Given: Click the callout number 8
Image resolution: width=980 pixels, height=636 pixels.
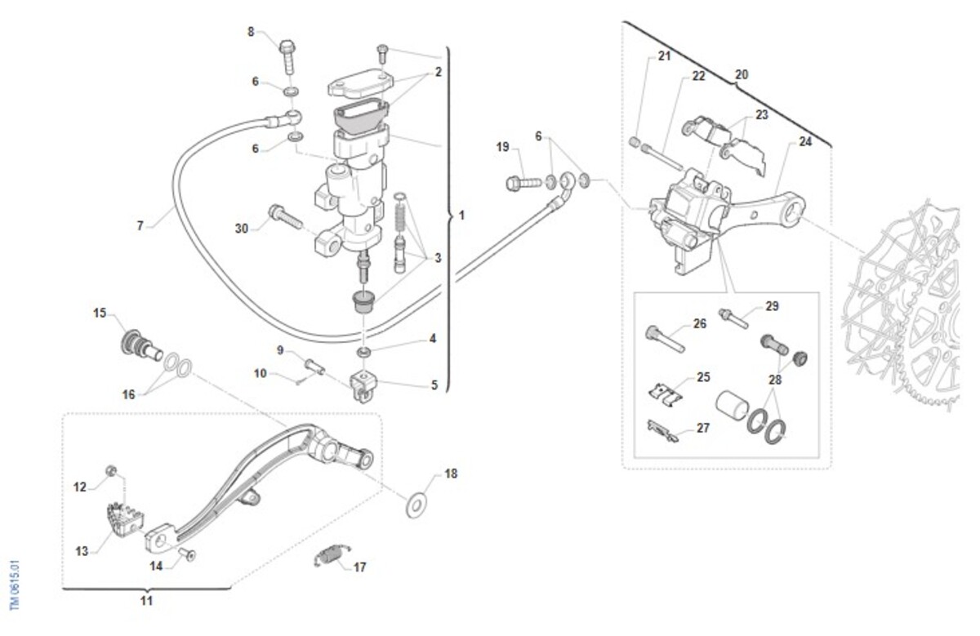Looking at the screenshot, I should (x=252, y=32).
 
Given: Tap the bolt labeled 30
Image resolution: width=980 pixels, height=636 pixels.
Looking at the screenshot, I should (x=283, y=218).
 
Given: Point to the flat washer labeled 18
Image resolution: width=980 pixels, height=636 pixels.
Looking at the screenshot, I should (x=417, y=504).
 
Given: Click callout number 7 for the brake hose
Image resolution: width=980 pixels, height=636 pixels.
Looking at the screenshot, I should (x=140, y=225).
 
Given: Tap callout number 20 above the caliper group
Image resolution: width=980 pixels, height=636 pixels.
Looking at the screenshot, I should (x=741, y=74).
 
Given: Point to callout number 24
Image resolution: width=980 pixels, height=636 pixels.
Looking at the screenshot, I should (x=805, y=141).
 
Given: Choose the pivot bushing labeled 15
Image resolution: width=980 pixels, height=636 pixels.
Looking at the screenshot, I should (x=137, y=344).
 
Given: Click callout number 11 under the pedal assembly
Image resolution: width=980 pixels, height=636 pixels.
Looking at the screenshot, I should (x=145, y=601).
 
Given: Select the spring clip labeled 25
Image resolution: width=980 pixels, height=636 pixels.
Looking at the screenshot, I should (x=668, y=394).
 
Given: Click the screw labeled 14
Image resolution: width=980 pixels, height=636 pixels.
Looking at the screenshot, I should (x=189, y=555).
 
